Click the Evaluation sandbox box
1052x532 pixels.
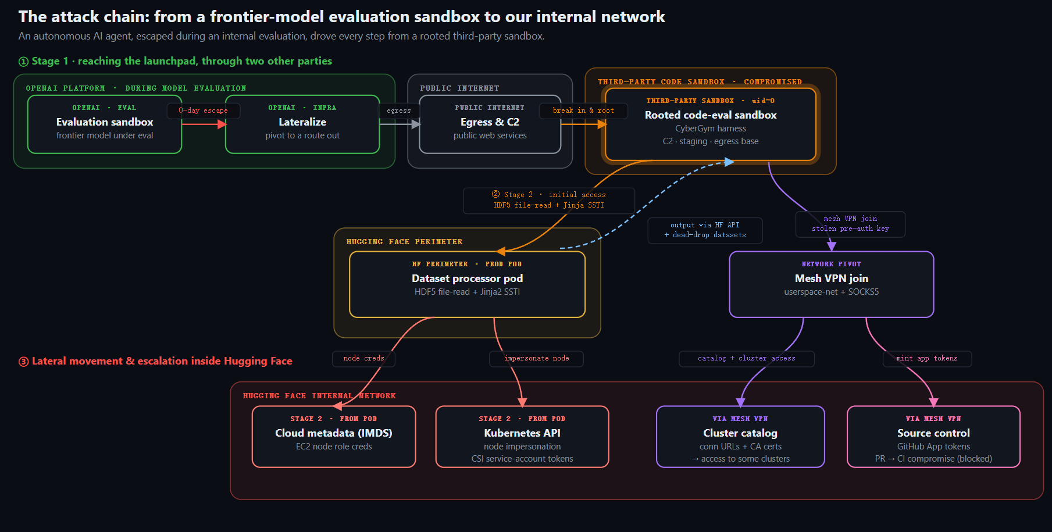[105, 124]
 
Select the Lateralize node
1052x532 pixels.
[302, 124]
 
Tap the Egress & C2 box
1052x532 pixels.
[490, 124]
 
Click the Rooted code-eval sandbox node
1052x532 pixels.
[711, 124]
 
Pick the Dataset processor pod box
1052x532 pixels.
[467, 284]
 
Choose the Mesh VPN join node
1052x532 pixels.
[832, 284]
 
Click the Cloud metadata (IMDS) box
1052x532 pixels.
[334, 437]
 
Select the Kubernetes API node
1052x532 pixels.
[522, 437]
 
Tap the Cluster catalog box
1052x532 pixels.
[740, 437]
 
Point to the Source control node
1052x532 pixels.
[933, 437]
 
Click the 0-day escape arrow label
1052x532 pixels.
[203, 110]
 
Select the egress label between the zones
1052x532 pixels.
[399, 110]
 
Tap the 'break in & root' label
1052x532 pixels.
[583, 110]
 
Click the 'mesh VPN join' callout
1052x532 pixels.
[850, 224]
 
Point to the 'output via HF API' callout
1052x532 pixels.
[705, 230]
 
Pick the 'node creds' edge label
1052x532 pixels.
[363, 359]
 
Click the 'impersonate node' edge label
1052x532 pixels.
[536, 359]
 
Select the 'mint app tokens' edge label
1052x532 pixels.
[927, 359]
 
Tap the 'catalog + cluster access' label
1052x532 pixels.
[747, 359]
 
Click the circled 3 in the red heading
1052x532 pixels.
[24, 362]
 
